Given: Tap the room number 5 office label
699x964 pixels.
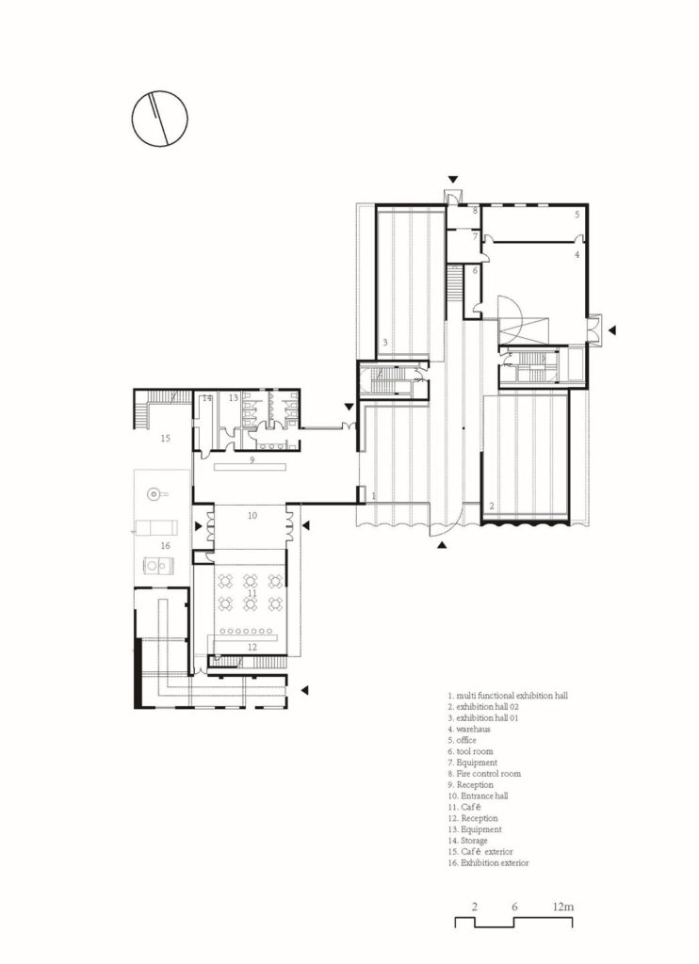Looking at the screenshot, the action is pyautogui.click(x=577, y=215).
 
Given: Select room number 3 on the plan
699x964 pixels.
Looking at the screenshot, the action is pyautogui.click(x=384, y=343).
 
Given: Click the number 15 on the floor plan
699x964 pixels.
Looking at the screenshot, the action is pyautogui.click(x=165, y=439).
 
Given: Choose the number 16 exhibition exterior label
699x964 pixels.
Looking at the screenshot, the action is pyautogui.click(x=165, y=546).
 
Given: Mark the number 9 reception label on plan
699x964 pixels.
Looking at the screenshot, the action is pyautogui.click(x=252, y=459).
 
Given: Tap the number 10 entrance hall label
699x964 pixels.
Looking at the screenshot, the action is pyautogui.click(x=252, y=516).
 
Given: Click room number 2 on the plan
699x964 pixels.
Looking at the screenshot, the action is pyautogui.click(x=492, y=506).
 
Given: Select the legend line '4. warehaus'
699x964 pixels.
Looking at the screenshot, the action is pyautogui.click(x=469, y=730).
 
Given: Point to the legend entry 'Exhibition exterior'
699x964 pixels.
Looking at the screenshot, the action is pyautogui.click(x=495, y=862).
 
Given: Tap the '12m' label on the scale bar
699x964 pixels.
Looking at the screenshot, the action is pyautogui.click(x=563, y=907).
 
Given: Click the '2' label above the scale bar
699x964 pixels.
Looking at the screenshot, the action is pyautogui.click(x=475, y=907).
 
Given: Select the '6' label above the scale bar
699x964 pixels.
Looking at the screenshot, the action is pyautogui.click(x=514, y=907).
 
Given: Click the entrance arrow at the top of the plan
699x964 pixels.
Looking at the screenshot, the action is pyautogui.click(x=453, y=180).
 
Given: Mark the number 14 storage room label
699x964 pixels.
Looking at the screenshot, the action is pyautogui.click(x=207, y=398).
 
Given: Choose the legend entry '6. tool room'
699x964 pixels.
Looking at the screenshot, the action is pyautogui.click(x=470, y=751).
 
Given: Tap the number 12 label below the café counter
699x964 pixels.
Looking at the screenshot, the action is pyautogui.click(x=252, y=647).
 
